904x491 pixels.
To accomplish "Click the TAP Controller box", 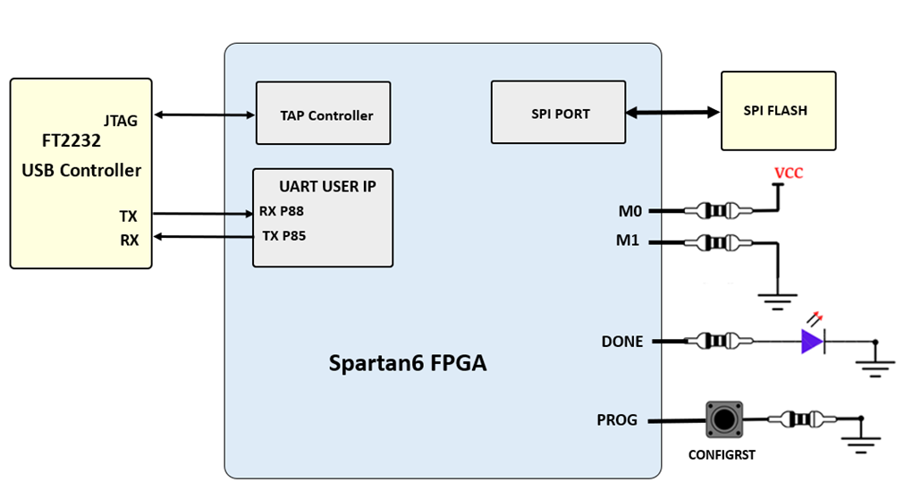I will coord(323,114).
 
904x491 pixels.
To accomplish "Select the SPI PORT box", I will coord(558,112).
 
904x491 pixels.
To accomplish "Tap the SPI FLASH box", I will coord(778,111).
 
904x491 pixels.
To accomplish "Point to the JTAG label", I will coord(121,121).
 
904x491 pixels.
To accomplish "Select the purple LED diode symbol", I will coord(812,342).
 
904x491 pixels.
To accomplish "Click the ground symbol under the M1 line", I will coord(776,301).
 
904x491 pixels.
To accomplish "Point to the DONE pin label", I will coord(622,342).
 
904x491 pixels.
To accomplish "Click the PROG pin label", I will coord(617,419).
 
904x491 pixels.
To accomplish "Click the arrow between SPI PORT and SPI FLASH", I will coord(672,113).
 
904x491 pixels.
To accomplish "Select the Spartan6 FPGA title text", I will coord(408,364).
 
